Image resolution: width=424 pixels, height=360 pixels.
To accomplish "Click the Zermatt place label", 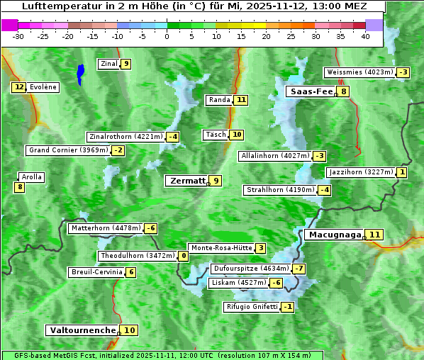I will click(x=187, y=181).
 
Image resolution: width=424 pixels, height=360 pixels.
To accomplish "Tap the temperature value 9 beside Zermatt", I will click(x=216, y=181).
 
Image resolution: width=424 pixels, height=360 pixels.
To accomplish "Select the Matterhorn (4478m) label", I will click(x=106, y=228).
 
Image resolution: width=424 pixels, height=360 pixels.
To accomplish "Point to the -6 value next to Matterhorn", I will click(x=150, y=228).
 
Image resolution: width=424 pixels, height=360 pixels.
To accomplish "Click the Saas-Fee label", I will click(x=311, y=91).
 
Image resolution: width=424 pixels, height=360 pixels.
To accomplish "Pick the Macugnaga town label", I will click(x=334, y=235).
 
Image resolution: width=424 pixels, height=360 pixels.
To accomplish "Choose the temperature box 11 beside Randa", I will click(x=241, y=100).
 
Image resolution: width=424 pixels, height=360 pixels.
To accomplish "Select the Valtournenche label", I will click(x=82, y=330).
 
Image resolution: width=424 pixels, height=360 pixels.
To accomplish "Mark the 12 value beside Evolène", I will click(x=18, y=87).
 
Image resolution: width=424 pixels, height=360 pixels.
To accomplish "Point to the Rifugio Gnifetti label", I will click(x=252, y=307).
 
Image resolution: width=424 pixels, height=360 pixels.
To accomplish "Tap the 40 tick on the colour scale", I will click(x=365, y=36).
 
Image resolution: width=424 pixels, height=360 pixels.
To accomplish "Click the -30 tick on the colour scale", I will click(x=18, y=36).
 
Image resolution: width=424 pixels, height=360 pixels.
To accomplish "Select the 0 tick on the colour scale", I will click(x=167, y=36).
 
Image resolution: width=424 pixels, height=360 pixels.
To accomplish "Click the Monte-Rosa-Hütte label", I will click(x=221, y=248).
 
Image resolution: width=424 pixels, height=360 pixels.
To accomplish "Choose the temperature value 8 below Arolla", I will click(x=19, y=187).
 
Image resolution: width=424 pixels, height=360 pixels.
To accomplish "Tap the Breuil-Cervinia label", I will click(x=96, y=272).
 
